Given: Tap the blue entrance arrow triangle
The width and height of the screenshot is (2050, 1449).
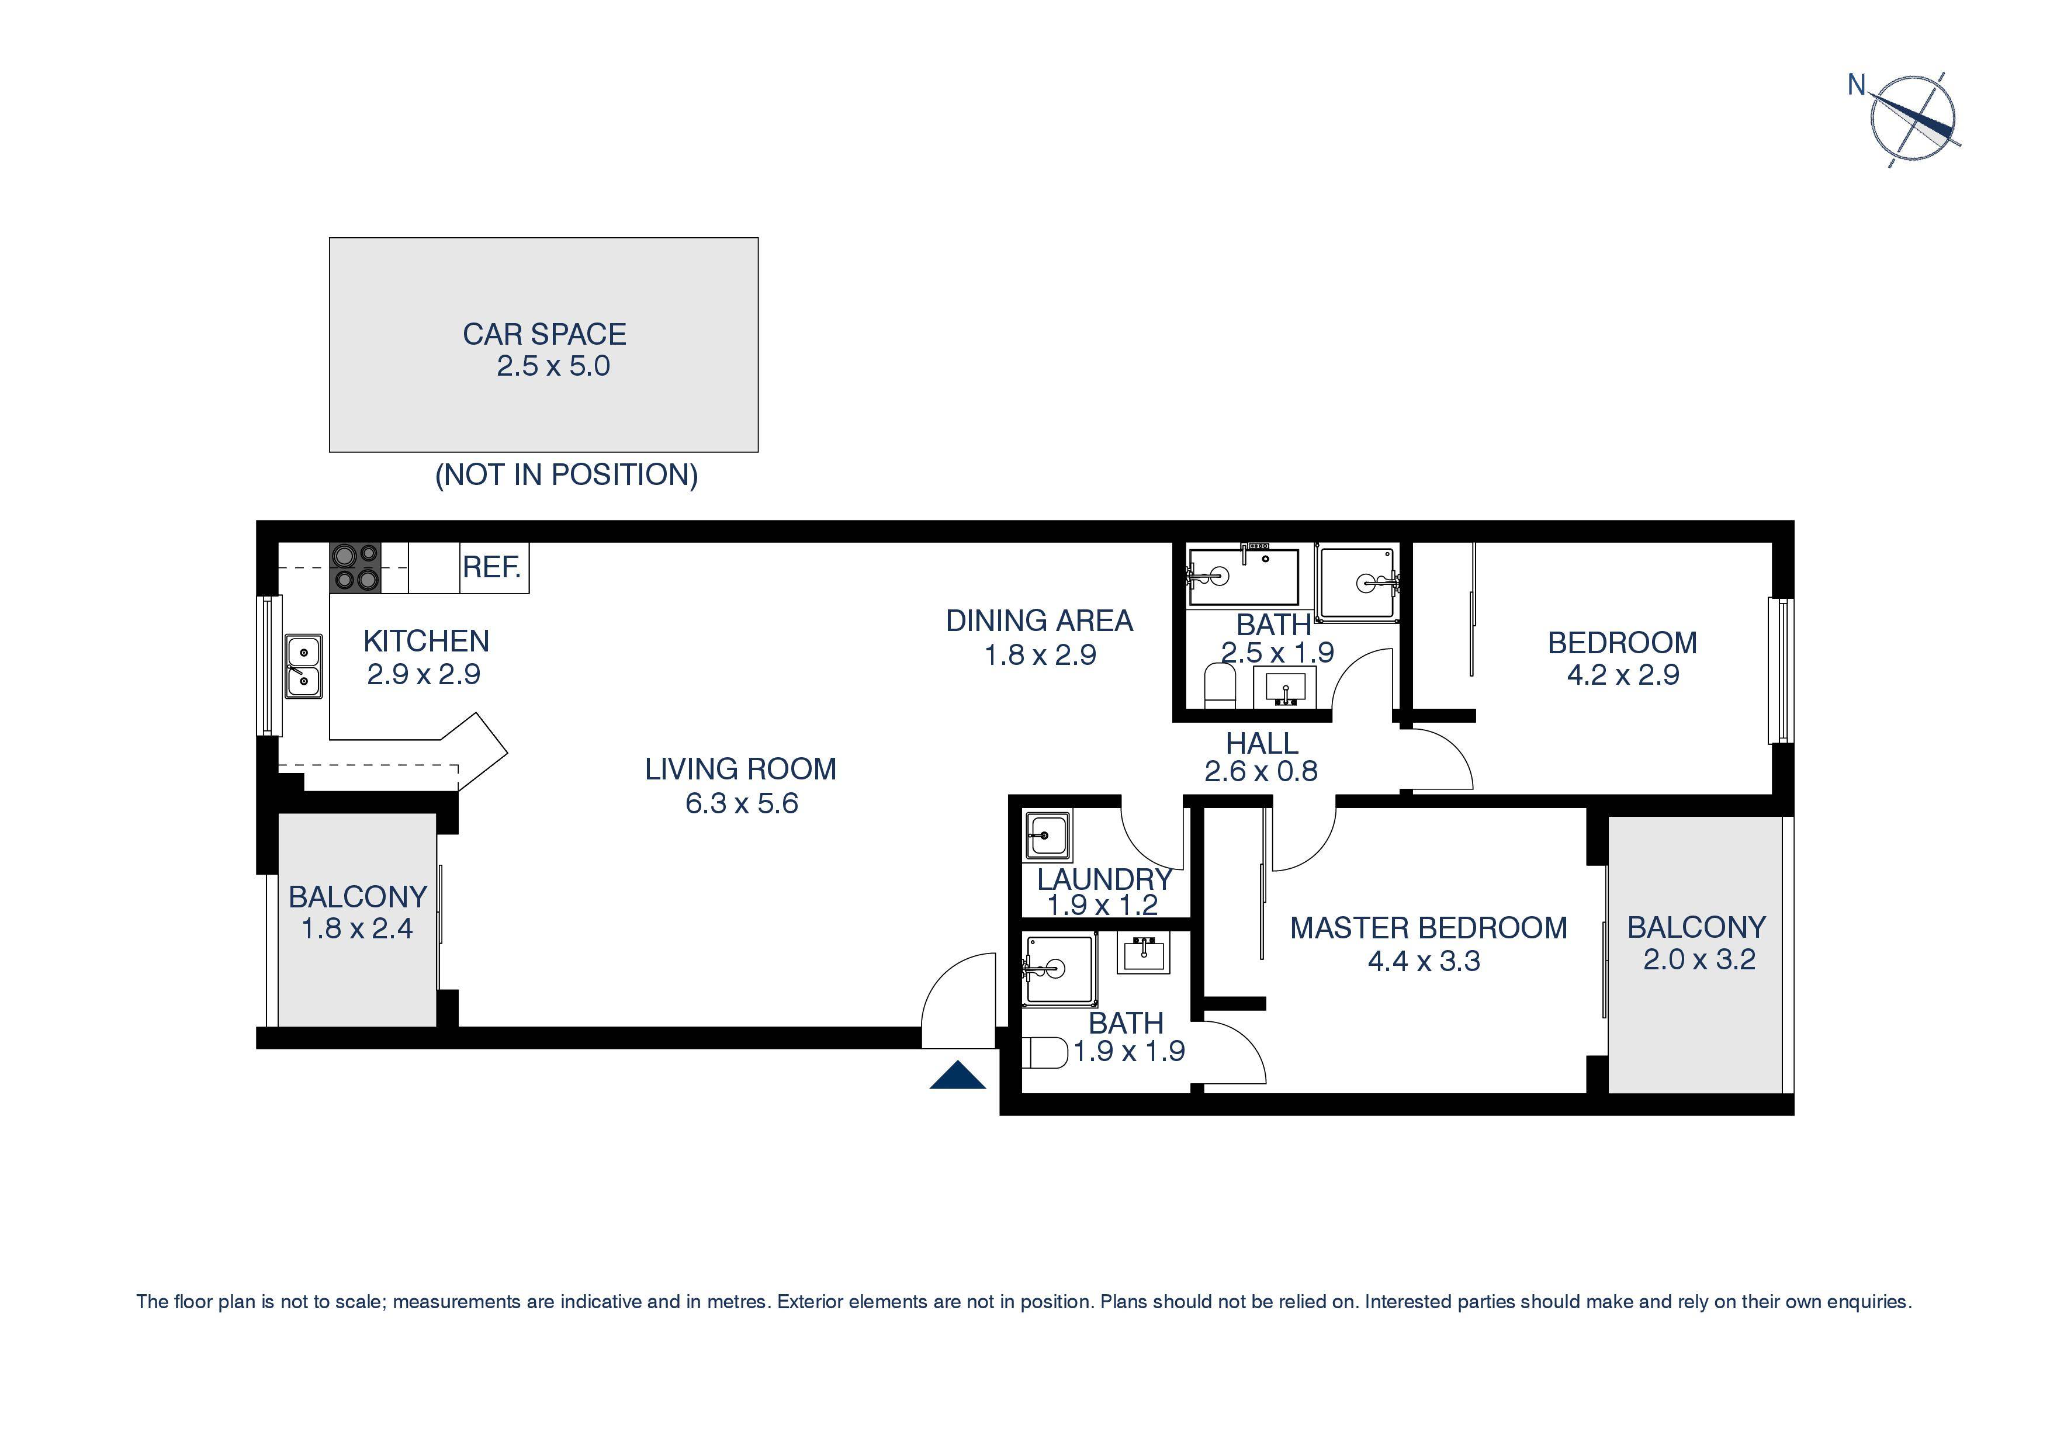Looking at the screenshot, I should tap(957, 1077).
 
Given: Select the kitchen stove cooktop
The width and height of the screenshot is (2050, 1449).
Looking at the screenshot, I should tap(355, 568).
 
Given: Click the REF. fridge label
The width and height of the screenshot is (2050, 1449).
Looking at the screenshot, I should tap(492, 567).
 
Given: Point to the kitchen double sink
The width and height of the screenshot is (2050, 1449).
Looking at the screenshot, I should tap(303, 666).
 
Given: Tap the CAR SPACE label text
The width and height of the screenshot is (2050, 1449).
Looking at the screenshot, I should tap(543, 334).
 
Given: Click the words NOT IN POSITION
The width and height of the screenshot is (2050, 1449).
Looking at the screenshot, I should tap(566, 474).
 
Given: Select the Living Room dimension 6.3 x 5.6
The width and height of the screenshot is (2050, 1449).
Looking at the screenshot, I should tap(741, 803).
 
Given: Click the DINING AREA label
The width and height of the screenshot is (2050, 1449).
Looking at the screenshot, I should tap(1039, 620).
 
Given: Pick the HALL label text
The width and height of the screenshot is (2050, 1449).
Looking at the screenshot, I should tap(1262, 743).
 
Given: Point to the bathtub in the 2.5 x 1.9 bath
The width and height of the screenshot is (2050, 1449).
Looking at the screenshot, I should tap(1244, 577).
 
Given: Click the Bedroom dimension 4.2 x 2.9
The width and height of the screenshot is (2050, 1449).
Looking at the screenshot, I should tap(1622, 675).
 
